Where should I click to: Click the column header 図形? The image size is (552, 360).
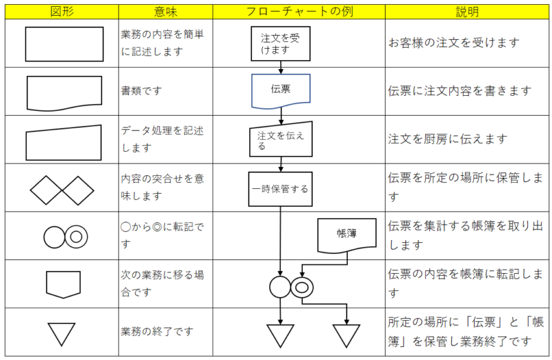coord(62,12)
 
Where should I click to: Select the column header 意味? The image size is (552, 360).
coord(166,12)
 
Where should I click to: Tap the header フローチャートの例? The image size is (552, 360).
coord(299,12)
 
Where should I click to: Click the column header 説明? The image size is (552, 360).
coord(467,12)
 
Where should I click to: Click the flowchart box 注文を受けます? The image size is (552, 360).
coord(281,43)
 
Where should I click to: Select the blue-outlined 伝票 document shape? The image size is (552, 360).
coord(281,91)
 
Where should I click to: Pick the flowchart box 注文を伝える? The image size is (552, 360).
coord(281,139)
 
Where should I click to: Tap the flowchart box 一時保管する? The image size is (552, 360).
coord(280,189)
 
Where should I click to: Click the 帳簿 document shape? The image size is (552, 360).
coord(347,235)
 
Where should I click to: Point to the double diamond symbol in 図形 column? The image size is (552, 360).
coord(62,190)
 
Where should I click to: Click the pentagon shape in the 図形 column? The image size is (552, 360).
coord(63,284)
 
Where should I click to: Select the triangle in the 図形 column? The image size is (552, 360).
coord(61,334)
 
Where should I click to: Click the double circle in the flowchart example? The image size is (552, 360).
coord(302,288)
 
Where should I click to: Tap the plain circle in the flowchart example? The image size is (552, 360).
coord(280,287)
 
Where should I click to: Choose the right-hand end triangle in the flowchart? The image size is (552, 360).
coord(346,336)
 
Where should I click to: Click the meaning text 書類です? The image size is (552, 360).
coord(141,91)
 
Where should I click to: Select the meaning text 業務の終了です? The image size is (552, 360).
coord(157,331)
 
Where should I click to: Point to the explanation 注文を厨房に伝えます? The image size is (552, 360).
coord(447,139)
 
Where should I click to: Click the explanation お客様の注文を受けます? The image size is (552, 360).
coord(453,43)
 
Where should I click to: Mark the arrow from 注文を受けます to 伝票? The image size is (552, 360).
coord(281,67)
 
